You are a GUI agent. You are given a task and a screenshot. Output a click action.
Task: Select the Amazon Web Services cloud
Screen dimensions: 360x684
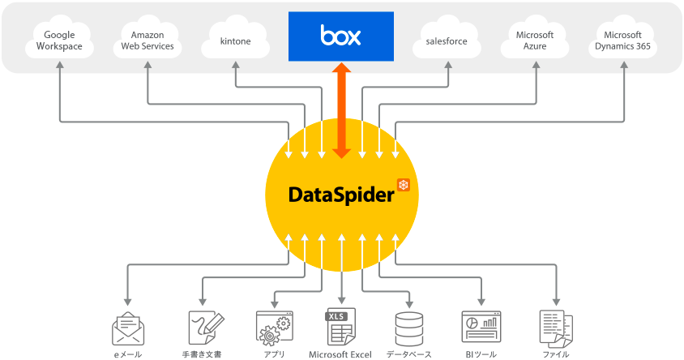click(x=147, y=40)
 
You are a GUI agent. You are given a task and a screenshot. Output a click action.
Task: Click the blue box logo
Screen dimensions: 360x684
click(x=340, y=36)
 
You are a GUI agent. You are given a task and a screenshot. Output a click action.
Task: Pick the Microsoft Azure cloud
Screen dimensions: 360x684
click(x=535, y=40)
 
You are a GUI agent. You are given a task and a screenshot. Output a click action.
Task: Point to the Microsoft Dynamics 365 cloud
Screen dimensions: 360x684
click(x=623, y=40)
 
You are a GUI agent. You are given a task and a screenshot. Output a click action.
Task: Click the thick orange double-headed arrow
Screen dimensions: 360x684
click(x=341, y=109)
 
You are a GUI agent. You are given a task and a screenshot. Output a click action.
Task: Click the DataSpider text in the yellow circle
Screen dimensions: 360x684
click(x=340, y=195)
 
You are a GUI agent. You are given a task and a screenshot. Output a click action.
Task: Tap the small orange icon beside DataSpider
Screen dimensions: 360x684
click(x=403, y=185)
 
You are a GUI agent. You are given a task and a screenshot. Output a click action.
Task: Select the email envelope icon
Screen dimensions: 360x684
click(x=127, y=328)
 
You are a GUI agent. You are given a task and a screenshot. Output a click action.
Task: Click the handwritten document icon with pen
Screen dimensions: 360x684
click(x=203, y=328)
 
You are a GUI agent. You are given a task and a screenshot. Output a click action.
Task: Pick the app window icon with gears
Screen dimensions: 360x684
click(x=273, y=328)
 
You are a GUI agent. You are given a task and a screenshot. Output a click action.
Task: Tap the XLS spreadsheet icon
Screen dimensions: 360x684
click(x=340, y=328)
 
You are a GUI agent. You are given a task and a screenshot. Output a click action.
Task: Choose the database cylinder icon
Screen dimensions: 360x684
click(x=408, y=328)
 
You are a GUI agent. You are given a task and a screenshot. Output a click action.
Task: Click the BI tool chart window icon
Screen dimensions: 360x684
click(x=481, y=328)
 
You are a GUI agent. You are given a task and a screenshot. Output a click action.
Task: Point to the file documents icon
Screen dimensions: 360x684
click(x=556, y=328)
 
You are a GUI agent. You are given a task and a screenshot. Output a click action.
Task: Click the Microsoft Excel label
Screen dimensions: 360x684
click(x=340, y=354)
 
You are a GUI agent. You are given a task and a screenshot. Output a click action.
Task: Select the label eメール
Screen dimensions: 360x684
click(x=127, y=354)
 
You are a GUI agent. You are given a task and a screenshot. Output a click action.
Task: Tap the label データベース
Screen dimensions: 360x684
click(x=408, y=354)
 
